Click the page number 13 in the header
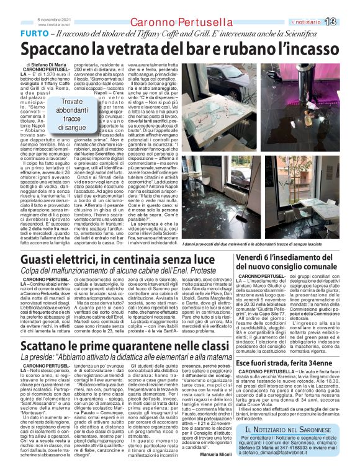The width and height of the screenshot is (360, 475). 347,22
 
